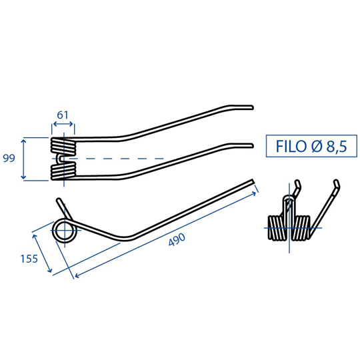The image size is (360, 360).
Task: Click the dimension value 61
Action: [63, 115]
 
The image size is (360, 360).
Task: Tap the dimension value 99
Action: [9, 158]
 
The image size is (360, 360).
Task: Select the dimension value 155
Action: [29, 259]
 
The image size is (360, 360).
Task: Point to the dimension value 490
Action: [177, 240]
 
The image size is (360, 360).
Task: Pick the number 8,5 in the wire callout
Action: [337, 147]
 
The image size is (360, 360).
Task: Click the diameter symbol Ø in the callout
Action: [317, 146]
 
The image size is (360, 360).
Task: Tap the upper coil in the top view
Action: [63, 146]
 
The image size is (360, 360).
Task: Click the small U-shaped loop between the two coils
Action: [59, 159]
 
